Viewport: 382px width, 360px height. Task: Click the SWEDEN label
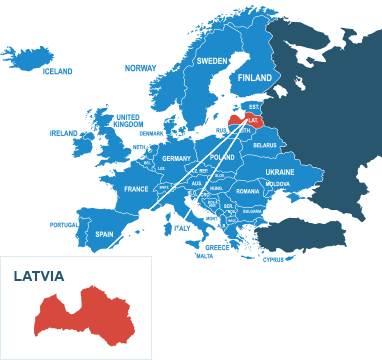(x=211, y=61)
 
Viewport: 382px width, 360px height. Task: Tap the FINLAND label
(x=255, y=78)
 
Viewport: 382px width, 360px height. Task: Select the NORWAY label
(x=140, y=68)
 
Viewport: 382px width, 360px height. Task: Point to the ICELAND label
(x=58, y=72)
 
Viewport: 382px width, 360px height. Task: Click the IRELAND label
(x=63, y=132)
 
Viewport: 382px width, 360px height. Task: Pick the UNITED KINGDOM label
(x=127, y=120)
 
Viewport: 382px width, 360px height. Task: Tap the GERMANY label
(x=176, y=159)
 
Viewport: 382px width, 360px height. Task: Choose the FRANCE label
(x=136, y=189)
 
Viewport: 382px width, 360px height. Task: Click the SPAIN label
(x=104, y=234)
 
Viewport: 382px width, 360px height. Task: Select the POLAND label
(x=222, y=158)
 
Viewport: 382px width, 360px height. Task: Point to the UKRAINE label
(x=280, y=172)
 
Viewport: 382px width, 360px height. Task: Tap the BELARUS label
(x=265, y=145)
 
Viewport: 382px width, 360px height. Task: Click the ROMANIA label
(x=248, y=191)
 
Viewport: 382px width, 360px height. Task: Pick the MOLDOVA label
(x=278, y=184)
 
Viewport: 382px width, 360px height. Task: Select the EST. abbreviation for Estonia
(x=254, y=107)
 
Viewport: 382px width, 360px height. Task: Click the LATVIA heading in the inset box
(x=39, y=276)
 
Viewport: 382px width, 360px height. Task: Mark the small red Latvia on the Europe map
(x=246, y=121)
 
